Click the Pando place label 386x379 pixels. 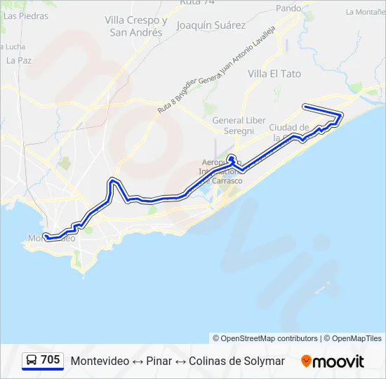[x=288, y=8]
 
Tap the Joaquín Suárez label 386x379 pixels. [x=211, y=25]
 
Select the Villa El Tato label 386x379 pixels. [x=274, y=73]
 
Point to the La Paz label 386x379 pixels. [x=18, y=60]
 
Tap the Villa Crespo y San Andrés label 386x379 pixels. [x=136, y=26]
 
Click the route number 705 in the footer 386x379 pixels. [x=51, y=360]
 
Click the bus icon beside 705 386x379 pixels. [x=32, y=361]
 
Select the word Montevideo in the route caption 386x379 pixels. [x=100, y=361]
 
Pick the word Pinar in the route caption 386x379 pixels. [x=159, y=361]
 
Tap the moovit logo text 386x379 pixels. [x=339, y=361]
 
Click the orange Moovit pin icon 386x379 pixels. [x=306, y=361]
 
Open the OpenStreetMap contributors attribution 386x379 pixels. [x=269, y=338]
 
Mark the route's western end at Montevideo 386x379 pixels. [x=44, y=235]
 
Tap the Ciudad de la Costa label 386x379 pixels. [x=289, y=131]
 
